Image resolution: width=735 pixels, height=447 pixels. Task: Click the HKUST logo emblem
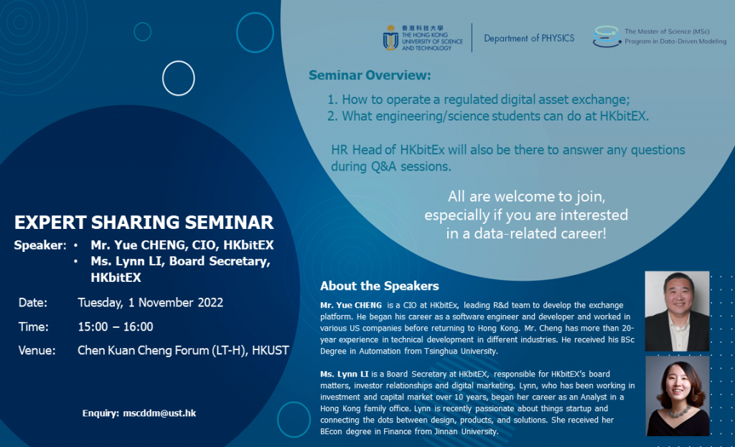[391, 38]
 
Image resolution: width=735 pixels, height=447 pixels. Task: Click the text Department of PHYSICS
[529, 38]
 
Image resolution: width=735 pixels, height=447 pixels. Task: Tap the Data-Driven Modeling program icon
[606, 37]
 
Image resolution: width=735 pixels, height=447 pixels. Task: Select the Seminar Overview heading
[370, 75]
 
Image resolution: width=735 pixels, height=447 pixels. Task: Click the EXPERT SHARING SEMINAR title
[144, 222]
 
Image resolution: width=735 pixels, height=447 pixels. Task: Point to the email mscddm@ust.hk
[150, 413]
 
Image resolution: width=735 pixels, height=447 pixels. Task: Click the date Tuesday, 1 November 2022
[150, 302]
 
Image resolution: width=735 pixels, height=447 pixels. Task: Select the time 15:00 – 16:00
[115, 326]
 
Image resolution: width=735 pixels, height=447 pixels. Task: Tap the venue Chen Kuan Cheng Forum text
[183, 351]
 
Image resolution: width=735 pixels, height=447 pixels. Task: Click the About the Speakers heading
[379, 286]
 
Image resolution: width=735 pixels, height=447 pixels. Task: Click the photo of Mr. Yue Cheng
[677, 311]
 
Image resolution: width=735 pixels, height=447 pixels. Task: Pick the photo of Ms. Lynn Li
[677, 396]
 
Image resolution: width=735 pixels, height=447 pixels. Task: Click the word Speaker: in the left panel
[39, 245]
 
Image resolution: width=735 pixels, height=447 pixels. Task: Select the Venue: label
[37, 351]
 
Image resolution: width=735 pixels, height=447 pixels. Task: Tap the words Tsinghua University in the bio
[462, 352]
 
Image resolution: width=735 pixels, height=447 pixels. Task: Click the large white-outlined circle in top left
[178, 78]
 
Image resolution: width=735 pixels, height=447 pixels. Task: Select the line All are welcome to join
[525, 197]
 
